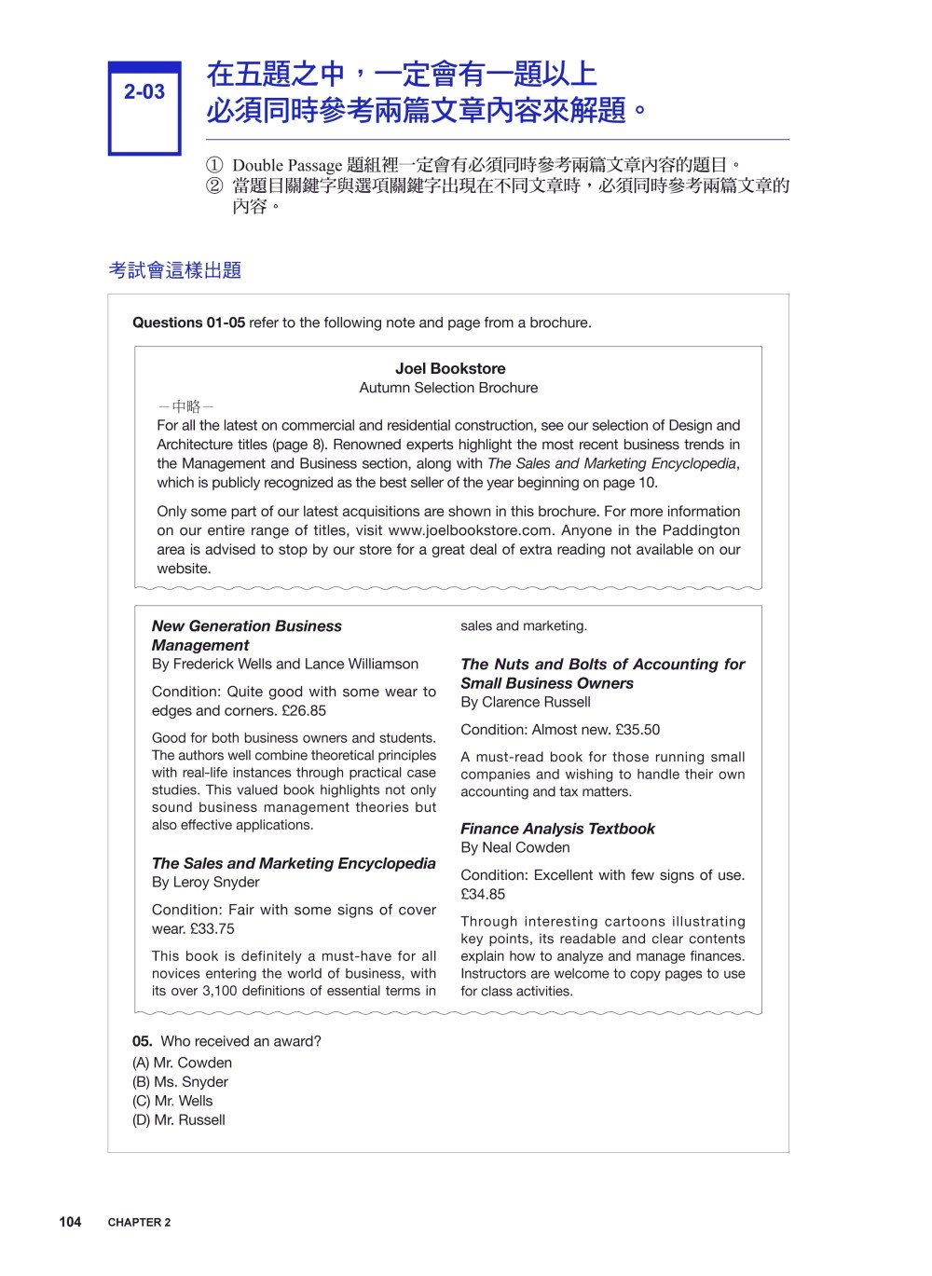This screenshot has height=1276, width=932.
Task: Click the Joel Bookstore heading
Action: [x=449, y=368]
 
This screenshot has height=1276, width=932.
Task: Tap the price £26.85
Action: [x=304, y=710]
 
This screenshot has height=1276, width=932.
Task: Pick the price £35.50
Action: [x=637, y=730]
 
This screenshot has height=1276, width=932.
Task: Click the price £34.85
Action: [x=483, y=894]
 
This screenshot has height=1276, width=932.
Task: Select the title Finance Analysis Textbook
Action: [x=557, y=829]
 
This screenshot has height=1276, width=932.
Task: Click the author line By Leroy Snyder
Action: [x=205, y=882]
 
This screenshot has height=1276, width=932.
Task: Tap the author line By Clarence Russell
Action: [x=525, y=702]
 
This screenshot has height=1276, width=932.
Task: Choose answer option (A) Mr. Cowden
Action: [x=182, y=1063]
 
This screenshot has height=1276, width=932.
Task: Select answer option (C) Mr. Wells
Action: [x=172, y=1101]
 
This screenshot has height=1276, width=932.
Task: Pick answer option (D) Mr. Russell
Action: [x=179, y=1120]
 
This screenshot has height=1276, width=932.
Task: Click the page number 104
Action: [x=70, y=1222]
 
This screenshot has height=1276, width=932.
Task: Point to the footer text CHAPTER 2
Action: [x=139, y=1223]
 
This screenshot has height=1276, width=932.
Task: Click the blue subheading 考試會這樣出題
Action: [x=174, y=270]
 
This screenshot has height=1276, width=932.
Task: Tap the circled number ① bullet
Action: [x=214, y=166]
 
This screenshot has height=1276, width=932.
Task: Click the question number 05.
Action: [x=142, y=1041]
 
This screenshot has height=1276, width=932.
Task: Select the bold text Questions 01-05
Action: [x=188, y=322]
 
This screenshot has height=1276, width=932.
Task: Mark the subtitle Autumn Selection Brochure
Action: [x=448, y=388]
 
